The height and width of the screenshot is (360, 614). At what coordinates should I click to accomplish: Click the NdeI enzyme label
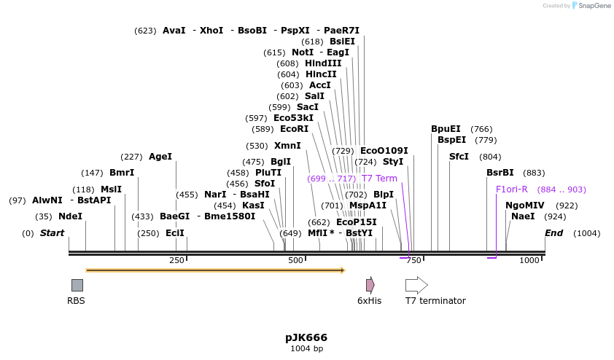point(70,216)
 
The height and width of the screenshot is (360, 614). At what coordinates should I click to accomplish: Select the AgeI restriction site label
point(160,157)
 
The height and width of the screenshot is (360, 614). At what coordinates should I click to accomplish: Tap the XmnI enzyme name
point(287,146)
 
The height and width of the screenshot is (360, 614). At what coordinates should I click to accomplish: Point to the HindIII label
point(323,63)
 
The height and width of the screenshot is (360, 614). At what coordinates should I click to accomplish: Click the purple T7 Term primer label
point(379,179)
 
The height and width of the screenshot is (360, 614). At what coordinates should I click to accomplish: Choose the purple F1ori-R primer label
point(511,189)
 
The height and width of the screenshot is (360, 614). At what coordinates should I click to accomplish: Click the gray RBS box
point(77,285)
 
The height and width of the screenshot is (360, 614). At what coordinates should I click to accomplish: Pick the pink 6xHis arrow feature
point(370,284)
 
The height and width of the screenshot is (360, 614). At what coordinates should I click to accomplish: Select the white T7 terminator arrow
point(416,285)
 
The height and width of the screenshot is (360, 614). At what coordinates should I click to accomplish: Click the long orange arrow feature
point(215,270)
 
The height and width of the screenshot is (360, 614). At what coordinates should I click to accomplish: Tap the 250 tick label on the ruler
point(176,260)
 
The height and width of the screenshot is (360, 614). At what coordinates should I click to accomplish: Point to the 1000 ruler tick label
point(529,260)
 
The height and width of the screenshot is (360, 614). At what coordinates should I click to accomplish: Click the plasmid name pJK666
point(306,337)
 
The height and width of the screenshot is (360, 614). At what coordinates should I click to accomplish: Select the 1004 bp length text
point(306,349)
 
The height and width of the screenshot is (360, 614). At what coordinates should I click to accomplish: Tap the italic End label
point(554,233)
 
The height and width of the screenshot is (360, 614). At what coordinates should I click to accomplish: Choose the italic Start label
point(52,233)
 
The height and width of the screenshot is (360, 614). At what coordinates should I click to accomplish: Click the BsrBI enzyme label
point(500,173)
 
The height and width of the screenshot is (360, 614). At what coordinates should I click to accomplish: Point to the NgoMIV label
point(525,206)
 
